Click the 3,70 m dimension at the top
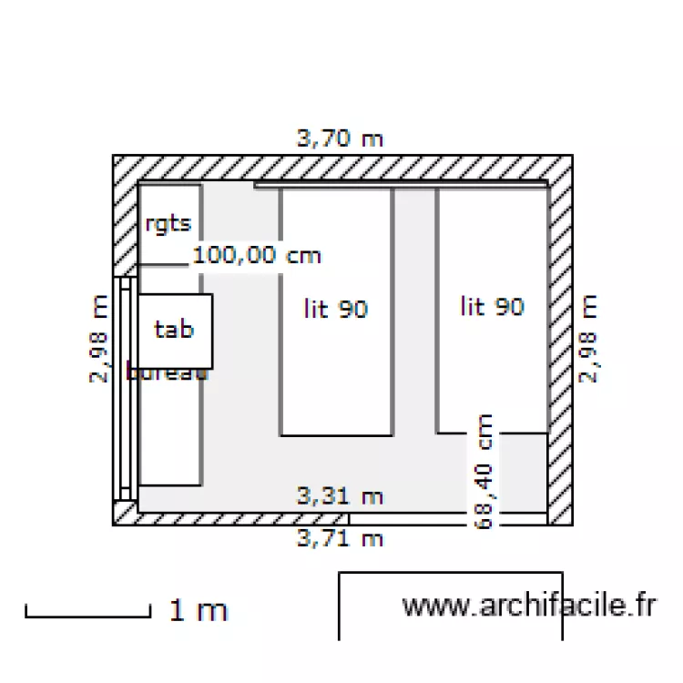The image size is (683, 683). pos(340,139)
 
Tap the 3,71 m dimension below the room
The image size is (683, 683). pos(340,538)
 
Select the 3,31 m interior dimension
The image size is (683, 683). pos(340,496)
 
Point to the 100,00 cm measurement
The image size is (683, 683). pos(257,256)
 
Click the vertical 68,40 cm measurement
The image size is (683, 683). pos(484,471)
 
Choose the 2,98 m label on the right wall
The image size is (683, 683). pos(590,339)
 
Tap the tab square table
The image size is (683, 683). pos(175,330)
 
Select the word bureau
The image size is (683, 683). pos(169,372)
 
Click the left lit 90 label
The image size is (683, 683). pos(335,309)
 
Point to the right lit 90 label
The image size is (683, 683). pos(493,306)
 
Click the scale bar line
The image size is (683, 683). pos(87,617)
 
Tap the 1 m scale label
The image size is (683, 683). pos(198,610)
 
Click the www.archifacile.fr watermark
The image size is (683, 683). pos(529,606)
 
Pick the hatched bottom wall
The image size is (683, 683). pos(228,519)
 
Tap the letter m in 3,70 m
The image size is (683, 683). pos(372,140)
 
